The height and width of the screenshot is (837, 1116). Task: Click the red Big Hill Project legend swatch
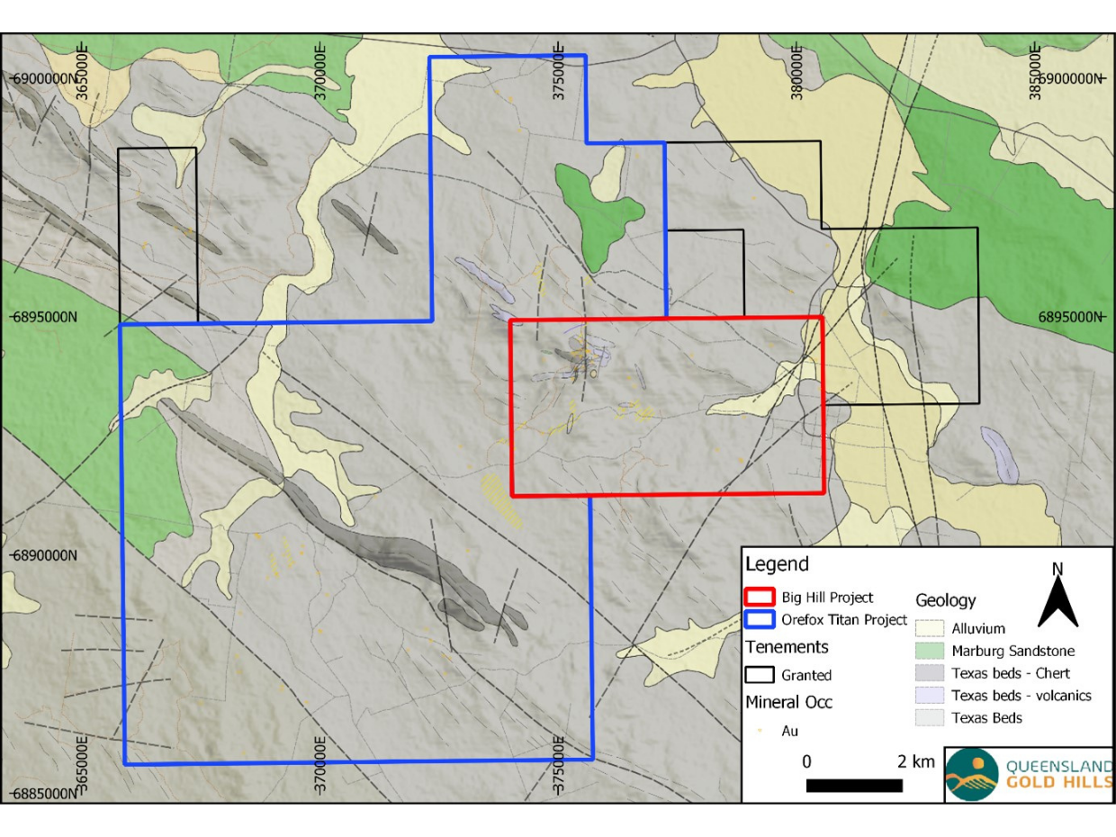[x=760, y=598]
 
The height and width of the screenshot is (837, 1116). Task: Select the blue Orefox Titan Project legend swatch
[x=760, y=620]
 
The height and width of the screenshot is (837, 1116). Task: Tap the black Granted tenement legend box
[x=760, y=674]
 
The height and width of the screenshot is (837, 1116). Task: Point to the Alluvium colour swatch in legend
[x=930, y=628]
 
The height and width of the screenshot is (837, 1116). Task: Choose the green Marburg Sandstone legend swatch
[x=930, y=651]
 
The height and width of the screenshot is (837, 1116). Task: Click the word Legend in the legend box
[x=777, y=565]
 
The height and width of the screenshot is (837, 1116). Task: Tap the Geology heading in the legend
[x=945, y=600]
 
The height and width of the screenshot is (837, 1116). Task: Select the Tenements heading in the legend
[x=787, y=647]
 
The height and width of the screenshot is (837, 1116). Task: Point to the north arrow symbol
[x=1057, y=598]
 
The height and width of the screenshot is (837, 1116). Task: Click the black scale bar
[x=854, y=786]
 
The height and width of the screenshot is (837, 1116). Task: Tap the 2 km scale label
[x=916, y=762]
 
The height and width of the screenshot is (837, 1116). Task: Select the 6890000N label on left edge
[x=42, y=555]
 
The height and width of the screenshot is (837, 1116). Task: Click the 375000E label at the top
[x=559, y=74]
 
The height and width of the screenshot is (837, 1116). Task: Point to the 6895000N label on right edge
[x=1071, y=317]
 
